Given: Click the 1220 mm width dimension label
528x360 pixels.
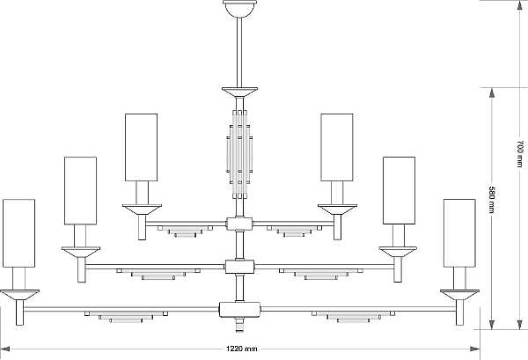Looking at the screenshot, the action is coord(242,349).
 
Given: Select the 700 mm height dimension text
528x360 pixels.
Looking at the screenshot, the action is coord(519,154).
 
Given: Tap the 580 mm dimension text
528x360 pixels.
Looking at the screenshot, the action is coord(492,199).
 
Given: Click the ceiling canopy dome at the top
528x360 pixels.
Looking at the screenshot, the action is coord(239,8).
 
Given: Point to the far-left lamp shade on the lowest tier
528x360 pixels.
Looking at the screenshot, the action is coord(18,233).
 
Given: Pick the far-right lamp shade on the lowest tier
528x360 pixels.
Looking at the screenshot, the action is coord(459,233).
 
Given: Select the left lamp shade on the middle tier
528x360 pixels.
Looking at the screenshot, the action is coord(80,191).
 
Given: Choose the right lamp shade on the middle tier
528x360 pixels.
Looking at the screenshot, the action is coord(399,191).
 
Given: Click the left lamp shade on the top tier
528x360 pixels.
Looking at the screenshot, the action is coord(141,147).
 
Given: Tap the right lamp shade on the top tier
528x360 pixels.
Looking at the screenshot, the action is coord(337,147).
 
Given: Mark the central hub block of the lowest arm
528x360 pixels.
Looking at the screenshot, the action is coord(239,310).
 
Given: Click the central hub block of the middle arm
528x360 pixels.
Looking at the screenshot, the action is coord(239,267).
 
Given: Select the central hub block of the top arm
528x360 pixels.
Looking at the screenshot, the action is coord(239,224).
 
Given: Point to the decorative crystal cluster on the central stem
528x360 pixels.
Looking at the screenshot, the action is coord(239,154).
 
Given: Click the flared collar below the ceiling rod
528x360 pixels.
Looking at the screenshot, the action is coord(239,92).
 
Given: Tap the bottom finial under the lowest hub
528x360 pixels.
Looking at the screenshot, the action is coord(239,325).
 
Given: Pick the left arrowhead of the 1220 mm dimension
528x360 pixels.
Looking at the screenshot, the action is coord(4,349).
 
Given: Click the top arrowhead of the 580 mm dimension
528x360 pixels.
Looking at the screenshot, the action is coord(492,92).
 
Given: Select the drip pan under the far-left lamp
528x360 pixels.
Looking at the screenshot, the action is coord(19,295).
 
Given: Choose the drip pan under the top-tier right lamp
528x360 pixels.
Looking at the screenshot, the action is coord(337,209).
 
